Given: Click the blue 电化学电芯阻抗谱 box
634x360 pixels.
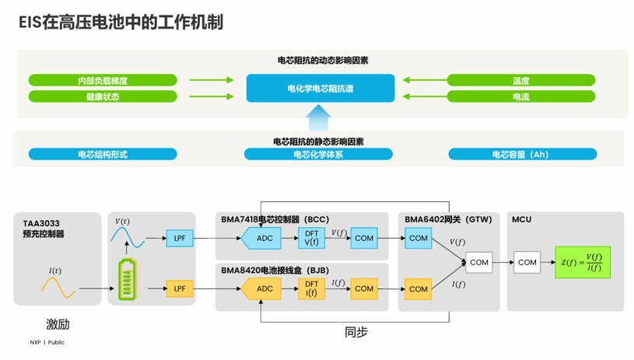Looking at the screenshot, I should (320, 89).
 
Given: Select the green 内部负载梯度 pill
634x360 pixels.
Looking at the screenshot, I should (103, 80).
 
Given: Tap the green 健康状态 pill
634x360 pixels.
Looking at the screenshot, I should (103, 96).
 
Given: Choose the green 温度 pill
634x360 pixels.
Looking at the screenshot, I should (520, 80).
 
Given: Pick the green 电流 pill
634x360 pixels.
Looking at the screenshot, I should (520, 96).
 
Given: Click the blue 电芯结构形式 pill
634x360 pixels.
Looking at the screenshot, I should (103, 154).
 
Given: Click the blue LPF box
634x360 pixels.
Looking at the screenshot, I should (180, 238).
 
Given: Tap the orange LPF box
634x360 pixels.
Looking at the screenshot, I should (180, 288).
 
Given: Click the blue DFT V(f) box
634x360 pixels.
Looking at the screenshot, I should (311, 238).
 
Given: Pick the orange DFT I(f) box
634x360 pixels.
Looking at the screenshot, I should (311, 288).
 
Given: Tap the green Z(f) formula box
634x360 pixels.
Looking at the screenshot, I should (583, 262).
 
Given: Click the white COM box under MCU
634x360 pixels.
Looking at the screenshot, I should (527, 262).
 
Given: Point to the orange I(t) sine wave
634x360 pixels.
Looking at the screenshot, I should (58, 287).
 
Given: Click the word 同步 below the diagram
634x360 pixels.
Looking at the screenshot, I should (356, 332).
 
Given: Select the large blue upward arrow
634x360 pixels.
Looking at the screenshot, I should (319, 117).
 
